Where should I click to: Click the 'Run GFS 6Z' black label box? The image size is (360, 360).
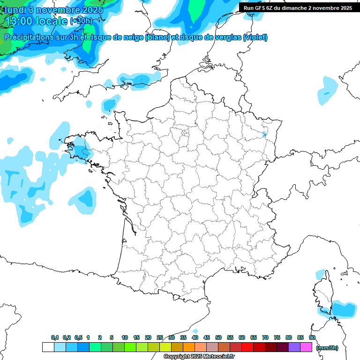[x=298, y=8]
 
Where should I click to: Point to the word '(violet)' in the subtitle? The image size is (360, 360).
[x=255, y=37]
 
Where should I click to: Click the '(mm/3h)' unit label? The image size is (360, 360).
[x=327, y=347]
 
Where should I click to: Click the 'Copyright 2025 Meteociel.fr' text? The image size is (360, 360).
[x=199, y=357]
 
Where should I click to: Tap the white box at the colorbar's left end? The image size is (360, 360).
[x=48, y=347]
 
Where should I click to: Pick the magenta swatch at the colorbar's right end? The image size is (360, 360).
[x=306, y=347]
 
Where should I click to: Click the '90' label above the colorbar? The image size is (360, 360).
[x=312, y=337]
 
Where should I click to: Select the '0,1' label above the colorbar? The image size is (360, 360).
[x=55, y=337]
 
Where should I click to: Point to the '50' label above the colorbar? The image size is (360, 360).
[x=218, y=337]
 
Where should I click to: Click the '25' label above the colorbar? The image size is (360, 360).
[x=160, y=337]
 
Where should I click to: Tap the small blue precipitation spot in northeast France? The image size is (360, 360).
[x=265, y=134]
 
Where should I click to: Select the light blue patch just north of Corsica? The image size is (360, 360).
[x=321, y=274]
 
